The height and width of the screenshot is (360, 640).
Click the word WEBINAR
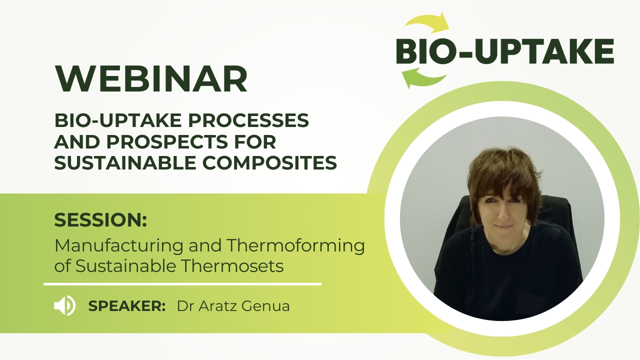(151, 78)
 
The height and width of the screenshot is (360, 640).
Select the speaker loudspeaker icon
(65, 305)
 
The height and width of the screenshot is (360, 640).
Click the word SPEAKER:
(127, 306)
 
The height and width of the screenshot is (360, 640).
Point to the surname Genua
(265, 306)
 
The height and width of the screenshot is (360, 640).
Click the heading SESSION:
(100, 219)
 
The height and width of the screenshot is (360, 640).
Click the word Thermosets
(232, 266)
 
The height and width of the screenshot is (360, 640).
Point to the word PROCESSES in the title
(248, 120)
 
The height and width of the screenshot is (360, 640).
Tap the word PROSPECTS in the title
(167, 141)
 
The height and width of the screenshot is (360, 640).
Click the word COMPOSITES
(269, 163)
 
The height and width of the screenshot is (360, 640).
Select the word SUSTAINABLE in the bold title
(125, 163)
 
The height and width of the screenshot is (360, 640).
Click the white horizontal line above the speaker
(182, 284)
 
